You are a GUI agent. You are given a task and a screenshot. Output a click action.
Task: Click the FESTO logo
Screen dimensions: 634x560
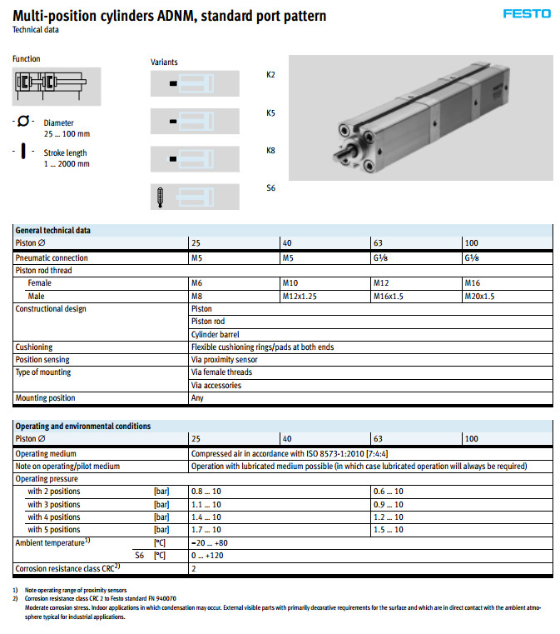[527, 14]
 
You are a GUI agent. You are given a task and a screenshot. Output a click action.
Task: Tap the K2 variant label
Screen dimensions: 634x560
[270, 75]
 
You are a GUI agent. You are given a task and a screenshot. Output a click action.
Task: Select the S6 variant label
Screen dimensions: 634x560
[270, 188]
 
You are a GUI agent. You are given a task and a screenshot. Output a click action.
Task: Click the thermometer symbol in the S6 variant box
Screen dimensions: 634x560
[161, 197]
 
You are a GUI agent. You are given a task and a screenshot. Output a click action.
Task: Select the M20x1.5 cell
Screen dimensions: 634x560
[479, 296]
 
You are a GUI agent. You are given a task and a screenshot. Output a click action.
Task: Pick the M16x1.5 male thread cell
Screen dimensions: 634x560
[389, 296]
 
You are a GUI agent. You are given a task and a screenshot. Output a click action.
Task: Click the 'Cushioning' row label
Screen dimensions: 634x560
[34, 347]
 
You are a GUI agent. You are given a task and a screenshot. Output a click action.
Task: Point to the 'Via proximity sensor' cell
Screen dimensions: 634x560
[224, 360]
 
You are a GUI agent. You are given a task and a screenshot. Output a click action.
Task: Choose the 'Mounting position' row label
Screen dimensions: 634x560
[45, 398]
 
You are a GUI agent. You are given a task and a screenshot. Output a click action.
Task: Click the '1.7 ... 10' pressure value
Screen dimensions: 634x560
[206, 530]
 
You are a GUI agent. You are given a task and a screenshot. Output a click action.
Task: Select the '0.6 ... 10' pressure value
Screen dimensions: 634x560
[388, 492]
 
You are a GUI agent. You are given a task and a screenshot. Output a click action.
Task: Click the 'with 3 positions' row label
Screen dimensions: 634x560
[54, 505]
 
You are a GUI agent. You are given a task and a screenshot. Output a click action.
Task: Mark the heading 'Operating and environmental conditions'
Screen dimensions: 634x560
[83, 426]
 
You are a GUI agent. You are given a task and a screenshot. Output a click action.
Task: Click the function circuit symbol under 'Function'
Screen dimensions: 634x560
[48, 82]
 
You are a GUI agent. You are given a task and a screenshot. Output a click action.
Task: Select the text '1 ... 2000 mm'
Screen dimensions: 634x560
[67, 164]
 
